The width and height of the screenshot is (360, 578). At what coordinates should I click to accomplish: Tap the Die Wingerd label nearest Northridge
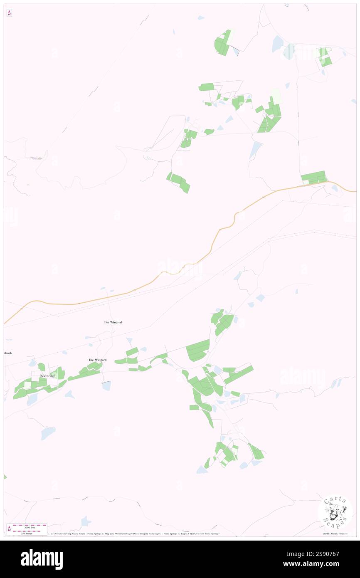97,360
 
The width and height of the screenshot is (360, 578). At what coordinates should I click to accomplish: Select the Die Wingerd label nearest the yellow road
113,322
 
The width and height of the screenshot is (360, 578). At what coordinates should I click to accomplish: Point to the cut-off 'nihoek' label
7,353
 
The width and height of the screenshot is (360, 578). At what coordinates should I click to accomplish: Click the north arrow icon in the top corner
9,13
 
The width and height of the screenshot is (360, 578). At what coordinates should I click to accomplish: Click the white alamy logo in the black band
42,559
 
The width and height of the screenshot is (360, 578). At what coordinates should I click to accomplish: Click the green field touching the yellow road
314,177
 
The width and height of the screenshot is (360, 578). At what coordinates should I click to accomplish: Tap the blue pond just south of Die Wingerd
107,386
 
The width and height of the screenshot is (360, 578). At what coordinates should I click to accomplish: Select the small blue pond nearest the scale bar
86,521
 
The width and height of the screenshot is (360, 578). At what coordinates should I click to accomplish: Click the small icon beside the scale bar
9,529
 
